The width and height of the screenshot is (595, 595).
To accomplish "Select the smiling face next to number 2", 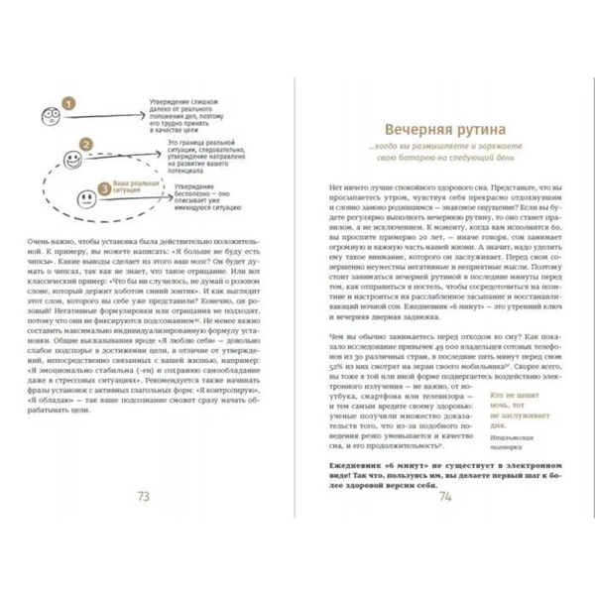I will click(x=70, y=159).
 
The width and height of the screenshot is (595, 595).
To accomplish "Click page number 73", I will click(x=154, y=496).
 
